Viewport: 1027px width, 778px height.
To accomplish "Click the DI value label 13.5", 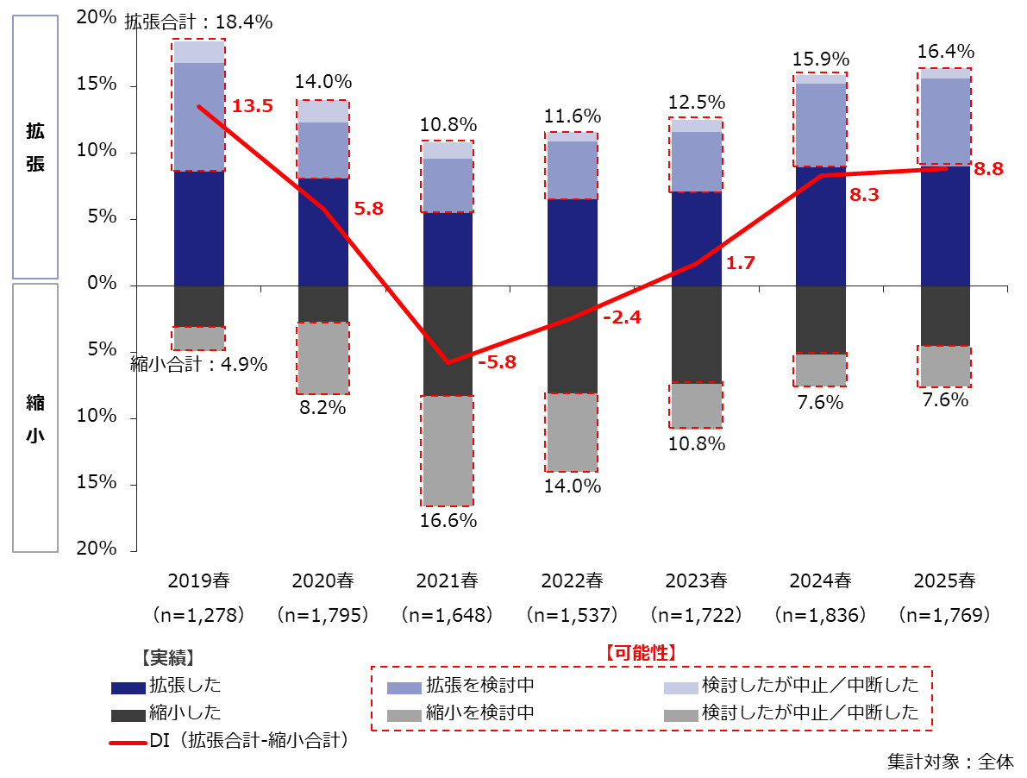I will [x=253, y=106].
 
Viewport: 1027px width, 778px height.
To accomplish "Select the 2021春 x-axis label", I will [x=447, y=580].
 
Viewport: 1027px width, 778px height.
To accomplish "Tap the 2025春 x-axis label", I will [x=944, y=580].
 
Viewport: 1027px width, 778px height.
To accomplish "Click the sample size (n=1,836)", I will [x=820, y=615].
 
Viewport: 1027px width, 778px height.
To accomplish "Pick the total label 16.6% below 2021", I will [x=447, y=520].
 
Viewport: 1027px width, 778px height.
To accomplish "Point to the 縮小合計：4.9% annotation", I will [x=199, y=364].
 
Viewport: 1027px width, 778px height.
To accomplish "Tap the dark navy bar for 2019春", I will [x=199, y=228].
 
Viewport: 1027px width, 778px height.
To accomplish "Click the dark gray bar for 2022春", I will [x=572, y=338].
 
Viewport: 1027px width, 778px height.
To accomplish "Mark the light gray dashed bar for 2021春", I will [x=447, y=450].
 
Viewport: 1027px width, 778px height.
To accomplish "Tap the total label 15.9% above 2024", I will [x=820, y=60].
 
